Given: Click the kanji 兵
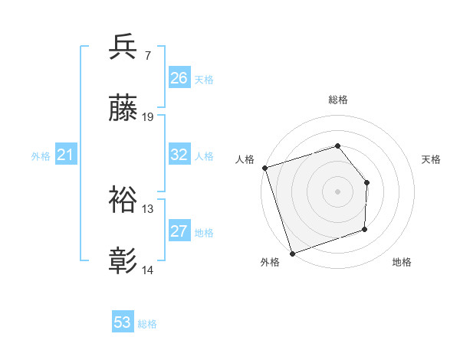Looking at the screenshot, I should point(123,47).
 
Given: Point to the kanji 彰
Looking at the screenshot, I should point(123,261).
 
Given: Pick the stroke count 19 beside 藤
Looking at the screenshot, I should point(149,118).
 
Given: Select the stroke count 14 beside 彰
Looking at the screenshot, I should point(149,271).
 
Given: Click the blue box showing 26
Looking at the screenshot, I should point(179,78).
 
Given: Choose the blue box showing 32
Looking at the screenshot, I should point(179,155).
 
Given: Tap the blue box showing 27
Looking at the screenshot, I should point(179,231).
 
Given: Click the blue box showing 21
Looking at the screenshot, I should point(66,155).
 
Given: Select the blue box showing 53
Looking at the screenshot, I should point(123,322).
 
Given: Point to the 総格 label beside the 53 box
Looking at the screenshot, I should point(147,324).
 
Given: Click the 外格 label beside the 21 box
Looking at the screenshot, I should point(41,156).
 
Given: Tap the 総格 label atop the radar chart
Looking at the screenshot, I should point(337,100).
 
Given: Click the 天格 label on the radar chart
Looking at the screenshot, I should point(432,159).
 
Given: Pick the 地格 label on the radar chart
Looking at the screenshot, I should point(402,263).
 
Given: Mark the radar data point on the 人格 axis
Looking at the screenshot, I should point(264,168).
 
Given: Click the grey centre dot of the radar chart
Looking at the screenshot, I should point(337,191).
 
